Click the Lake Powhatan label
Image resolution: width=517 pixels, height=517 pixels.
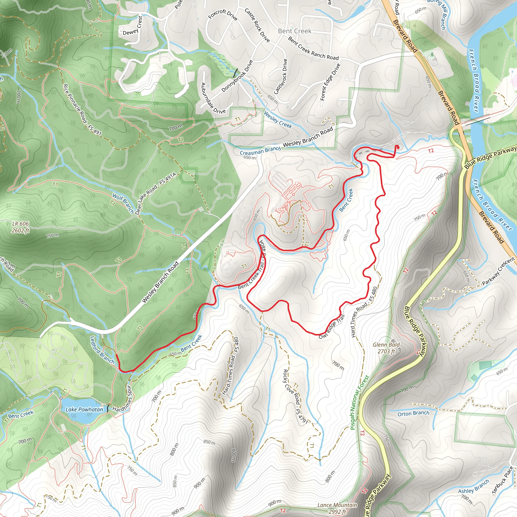[84, 410]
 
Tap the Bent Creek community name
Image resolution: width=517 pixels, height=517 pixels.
[295, 31]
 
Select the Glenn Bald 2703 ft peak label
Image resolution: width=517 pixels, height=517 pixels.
[386, 348]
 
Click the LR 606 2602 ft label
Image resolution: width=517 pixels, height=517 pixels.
[20, 227]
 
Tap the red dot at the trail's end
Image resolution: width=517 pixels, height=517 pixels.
[397, 147]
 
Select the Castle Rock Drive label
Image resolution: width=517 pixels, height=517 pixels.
[257, 25]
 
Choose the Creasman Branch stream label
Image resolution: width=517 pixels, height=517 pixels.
[260, 151]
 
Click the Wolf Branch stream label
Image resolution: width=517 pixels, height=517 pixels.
[123, 204]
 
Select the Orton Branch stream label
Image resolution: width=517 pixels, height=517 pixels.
[413, 413]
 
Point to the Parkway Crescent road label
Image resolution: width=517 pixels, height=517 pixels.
[498, 271]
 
